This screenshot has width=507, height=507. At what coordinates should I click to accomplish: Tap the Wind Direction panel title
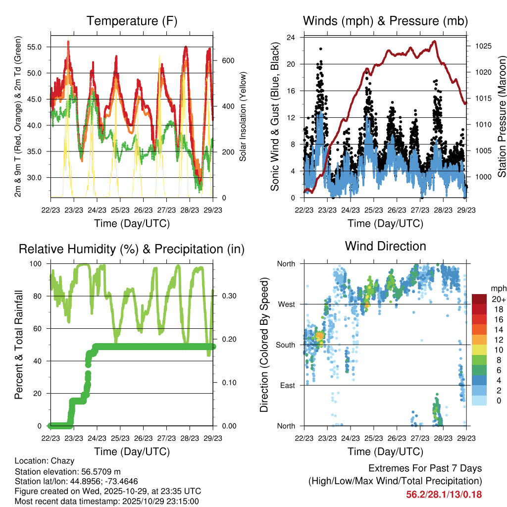[x=385, y=246]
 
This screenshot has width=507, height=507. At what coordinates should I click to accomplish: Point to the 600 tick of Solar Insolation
[x=227, y=60]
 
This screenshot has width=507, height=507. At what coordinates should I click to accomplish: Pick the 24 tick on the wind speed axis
[x=292, y=37]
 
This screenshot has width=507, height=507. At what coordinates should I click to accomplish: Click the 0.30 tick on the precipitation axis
[x=225, y=296]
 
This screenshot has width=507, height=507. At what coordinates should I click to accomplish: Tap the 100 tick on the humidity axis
[x=38, y=263]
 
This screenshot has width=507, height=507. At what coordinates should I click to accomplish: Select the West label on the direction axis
[x=286, y=304]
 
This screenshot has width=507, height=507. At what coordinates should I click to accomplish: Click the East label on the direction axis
[x=287, y=385]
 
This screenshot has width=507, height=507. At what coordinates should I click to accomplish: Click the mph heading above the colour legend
[x=497, y=288]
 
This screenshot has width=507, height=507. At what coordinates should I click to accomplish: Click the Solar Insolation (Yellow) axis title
[x=243, y=116]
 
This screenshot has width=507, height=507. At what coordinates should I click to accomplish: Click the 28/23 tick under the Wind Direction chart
[x=443, y=438]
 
